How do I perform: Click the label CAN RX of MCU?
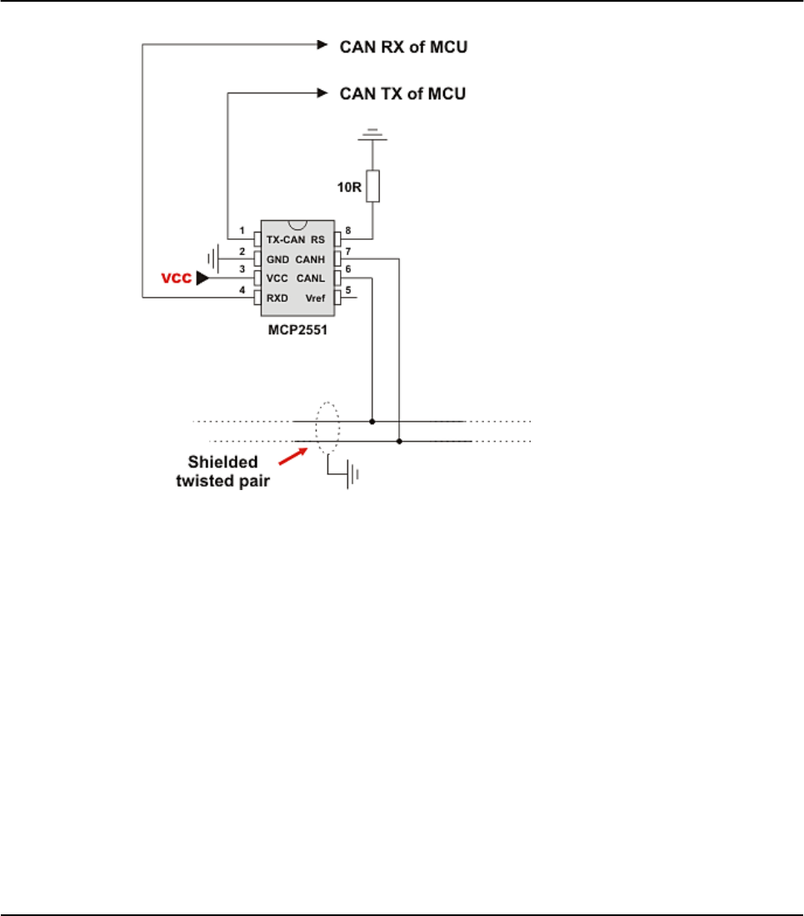tap(404, 47)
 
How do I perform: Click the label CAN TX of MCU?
tap(403, 93)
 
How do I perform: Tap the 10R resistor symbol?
tap(373, 185)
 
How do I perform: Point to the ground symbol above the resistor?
tap(373, 133)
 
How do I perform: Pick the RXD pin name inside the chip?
tap(277, 297)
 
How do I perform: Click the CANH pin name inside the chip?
tap(310, 259)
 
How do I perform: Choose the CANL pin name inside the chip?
tap(310, 278)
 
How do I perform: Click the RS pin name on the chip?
tap(317, 239)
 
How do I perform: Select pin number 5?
tap(347, 288)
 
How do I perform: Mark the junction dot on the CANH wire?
tap(400, 441)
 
